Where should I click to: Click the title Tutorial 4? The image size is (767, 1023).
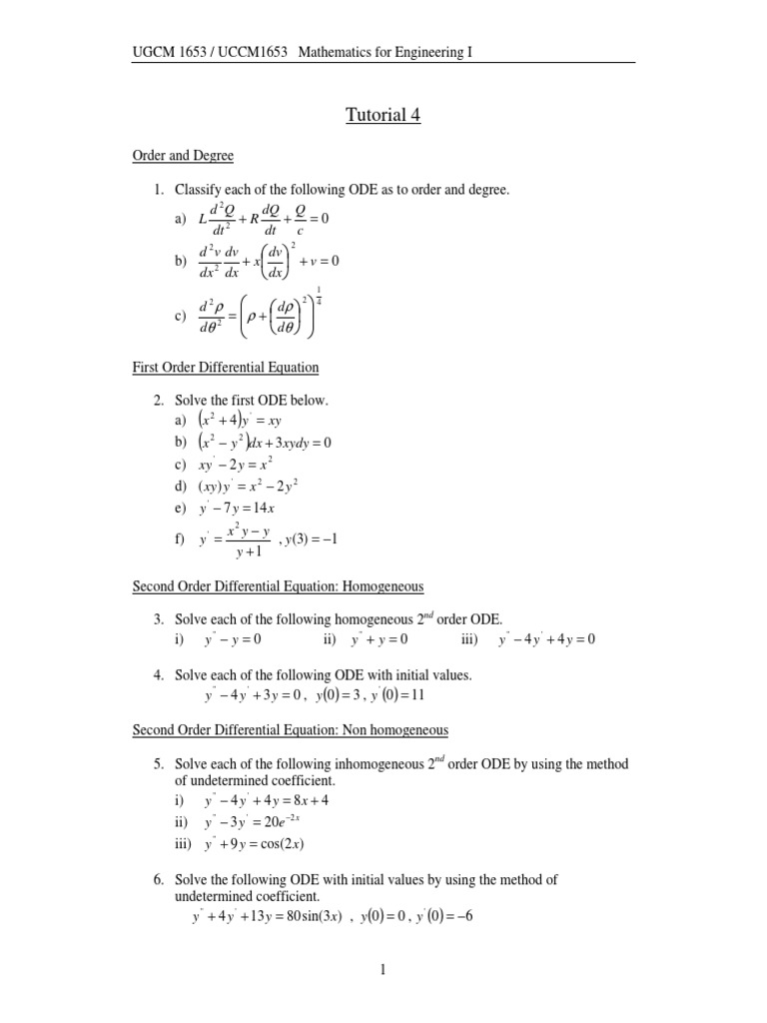click(383, 116)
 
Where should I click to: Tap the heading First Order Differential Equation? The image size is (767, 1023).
click(226, 368)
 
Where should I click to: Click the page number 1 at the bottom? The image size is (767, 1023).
click(383, 968)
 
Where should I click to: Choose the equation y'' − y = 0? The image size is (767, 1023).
click(233, 639)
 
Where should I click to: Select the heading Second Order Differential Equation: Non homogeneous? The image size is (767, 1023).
click(291, 730)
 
